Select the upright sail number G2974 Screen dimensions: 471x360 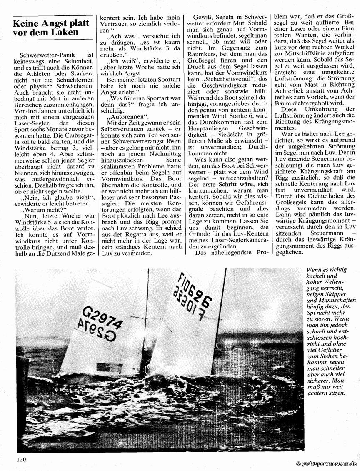(102, 317)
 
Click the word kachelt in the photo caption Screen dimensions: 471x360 (317, 276)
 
